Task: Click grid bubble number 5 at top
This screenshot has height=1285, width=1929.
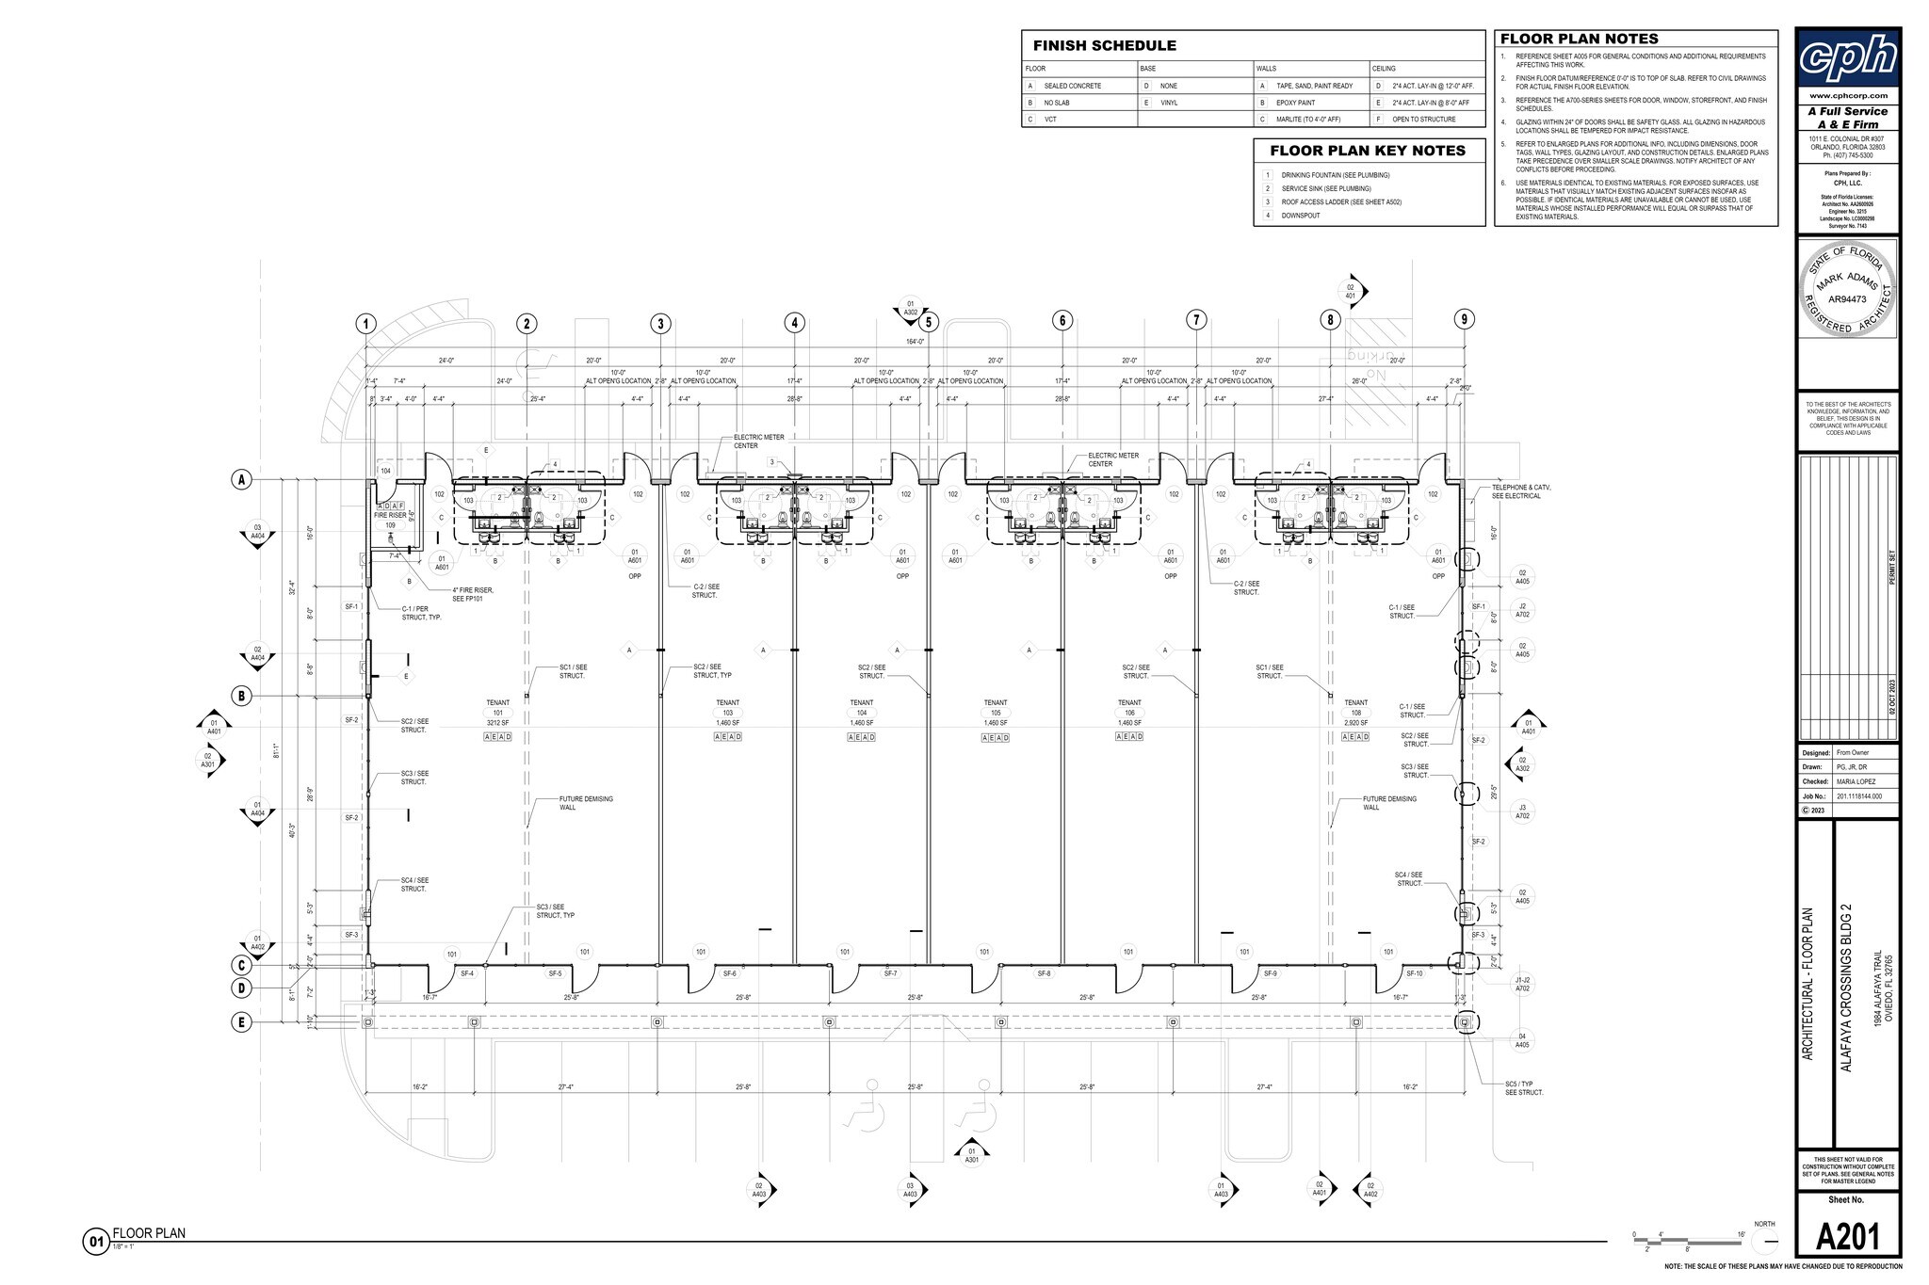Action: tap(929, 322)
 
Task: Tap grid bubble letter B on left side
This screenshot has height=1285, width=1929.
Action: tap(242, 696)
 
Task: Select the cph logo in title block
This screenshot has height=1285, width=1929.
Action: tap(1847, 57)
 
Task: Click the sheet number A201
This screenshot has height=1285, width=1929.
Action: tap(1846, 1236)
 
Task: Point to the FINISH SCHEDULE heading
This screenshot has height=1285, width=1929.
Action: tap(1104, 45)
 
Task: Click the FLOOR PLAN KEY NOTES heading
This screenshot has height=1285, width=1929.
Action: tap(1367, 151)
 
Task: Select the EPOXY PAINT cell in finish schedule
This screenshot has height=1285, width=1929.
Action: tap(1295, 103)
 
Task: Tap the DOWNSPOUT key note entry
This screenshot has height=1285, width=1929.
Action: tap(1300, 216)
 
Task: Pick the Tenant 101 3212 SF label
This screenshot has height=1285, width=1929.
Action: tap(497, 713)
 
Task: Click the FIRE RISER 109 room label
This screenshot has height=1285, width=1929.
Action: tap(390, 520)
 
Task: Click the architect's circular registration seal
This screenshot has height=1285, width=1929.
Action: tap(1846, 289)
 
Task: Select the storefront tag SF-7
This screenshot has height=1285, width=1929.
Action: tap(890, 973)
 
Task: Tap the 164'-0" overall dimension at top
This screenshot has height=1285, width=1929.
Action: tap(914, 342)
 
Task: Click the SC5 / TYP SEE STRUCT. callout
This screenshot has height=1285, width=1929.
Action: tap(1524, 1087)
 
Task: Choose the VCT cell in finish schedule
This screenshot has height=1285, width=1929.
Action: tap(1050, 120)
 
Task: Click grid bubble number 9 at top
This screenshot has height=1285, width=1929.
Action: tap(1464, 319)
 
